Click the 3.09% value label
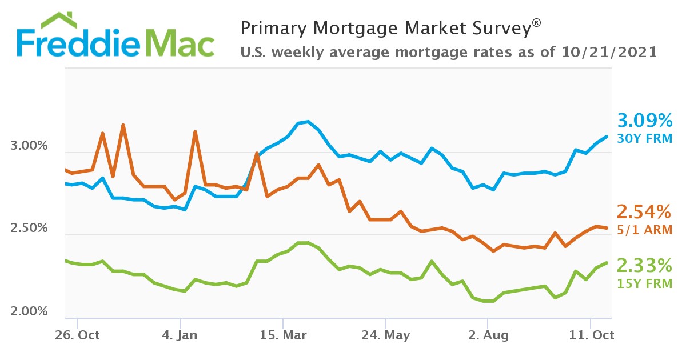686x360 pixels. [644, 121]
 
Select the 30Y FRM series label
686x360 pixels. [644, 138]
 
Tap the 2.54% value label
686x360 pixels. [644, 213]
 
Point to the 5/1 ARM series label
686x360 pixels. [644, 230]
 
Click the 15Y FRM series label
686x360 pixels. [644, 283]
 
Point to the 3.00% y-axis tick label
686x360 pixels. [29, 146]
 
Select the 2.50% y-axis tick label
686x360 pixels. [29, 229]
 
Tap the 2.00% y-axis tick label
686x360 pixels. [29, 312]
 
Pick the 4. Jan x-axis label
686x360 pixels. [180, 335]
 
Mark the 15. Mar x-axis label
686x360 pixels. [283, 335]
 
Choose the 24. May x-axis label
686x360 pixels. [386, 335]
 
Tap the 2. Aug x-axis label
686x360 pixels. [488, 335]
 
